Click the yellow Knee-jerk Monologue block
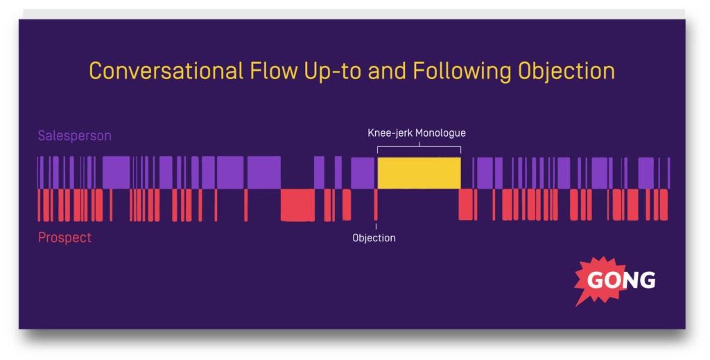pyautogui.click(x=419, y=173)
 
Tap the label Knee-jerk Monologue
pyautogui.click(x=416, y=132)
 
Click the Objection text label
pyautogui.click(x=374, y=238)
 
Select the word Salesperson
pyautogui.click(x=74, y=136)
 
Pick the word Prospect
pyautogui.click(x=64, y=238)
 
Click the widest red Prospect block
pyautogui.click(x=297, y=205)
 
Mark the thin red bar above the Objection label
pyautogui.click(x=376, y=205)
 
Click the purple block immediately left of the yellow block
pyautogui.click(x=363, y=173)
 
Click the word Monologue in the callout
pyautogui.click(x=440, y=132)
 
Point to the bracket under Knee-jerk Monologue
pyautogui.click(x=419, y=146)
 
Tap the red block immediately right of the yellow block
pyautogui.click(x=467, y=205)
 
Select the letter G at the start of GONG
pyautogui.click(x=596, y=280)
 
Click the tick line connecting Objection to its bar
pyautogui.click(x=376, y=226)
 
